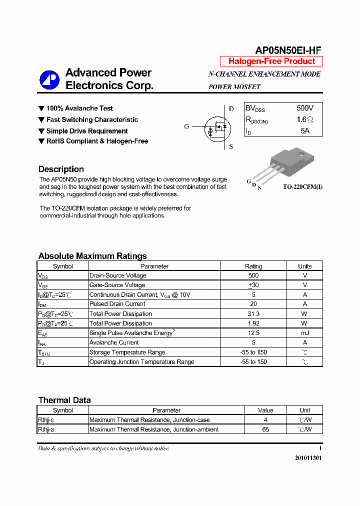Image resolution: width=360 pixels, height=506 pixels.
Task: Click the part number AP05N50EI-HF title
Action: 288,50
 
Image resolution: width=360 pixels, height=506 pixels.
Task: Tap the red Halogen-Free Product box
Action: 271,61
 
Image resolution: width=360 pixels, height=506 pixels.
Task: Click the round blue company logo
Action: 49,79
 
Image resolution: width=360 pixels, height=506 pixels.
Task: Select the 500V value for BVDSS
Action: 305,108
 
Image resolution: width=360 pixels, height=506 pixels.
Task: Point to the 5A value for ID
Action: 305,131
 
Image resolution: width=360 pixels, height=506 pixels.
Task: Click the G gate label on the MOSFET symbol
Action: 186,126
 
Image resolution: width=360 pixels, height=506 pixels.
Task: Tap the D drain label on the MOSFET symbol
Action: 231,108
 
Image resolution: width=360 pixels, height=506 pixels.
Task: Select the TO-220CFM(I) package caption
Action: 302,187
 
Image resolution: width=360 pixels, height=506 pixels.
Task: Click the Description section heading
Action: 61,169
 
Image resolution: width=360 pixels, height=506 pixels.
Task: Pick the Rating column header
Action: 253,266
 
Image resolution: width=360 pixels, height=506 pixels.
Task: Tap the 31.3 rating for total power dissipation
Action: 253,314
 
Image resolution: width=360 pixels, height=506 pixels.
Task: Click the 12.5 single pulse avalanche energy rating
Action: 253,333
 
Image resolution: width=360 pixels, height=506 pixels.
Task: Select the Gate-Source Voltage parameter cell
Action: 117,285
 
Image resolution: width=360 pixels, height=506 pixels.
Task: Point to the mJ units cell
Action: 304,333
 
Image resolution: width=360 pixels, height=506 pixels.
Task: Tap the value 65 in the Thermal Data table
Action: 265,429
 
